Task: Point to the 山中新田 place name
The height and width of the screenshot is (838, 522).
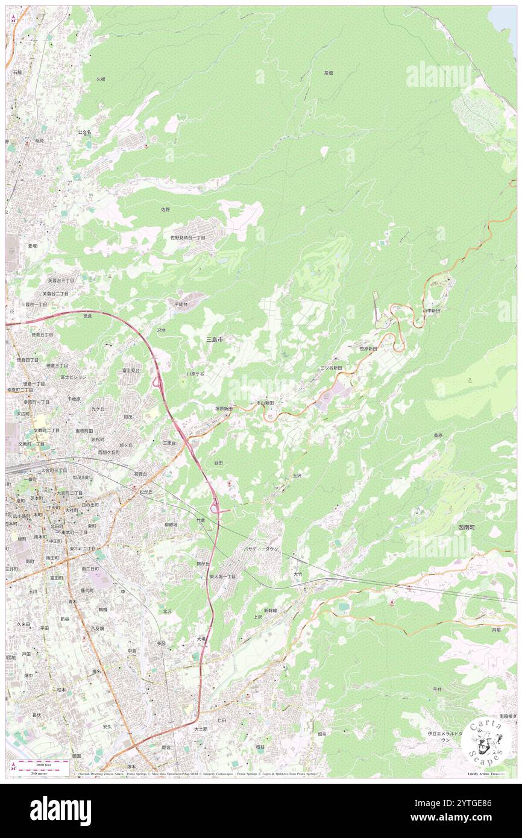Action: click(x=431, y=310)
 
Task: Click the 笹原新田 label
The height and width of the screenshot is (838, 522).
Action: click(x=368, y=348)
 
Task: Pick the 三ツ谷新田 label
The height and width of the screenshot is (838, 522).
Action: click(x=331, y=367)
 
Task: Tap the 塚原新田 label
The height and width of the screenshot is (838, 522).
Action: click(x=224, y=408)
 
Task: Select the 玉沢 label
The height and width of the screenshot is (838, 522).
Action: click(x=297, y=476)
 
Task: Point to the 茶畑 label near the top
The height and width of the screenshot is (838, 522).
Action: click(x=328, y=72)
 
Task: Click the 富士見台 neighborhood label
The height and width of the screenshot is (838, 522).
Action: click(x=131, y=370)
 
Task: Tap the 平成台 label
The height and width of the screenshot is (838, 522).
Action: click(x=181, y=304)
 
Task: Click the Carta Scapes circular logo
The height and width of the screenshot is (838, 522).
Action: click(x=486, y=742)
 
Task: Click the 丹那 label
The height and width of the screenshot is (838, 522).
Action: click(x=495, y=629)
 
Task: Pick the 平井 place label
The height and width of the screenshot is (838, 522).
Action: click(x=437, y=688)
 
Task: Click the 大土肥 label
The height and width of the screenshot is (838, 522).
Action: click(x=201, y=729)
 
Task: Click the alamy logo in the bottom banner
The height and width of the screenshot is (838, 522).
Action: click(x=60, y=811)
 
